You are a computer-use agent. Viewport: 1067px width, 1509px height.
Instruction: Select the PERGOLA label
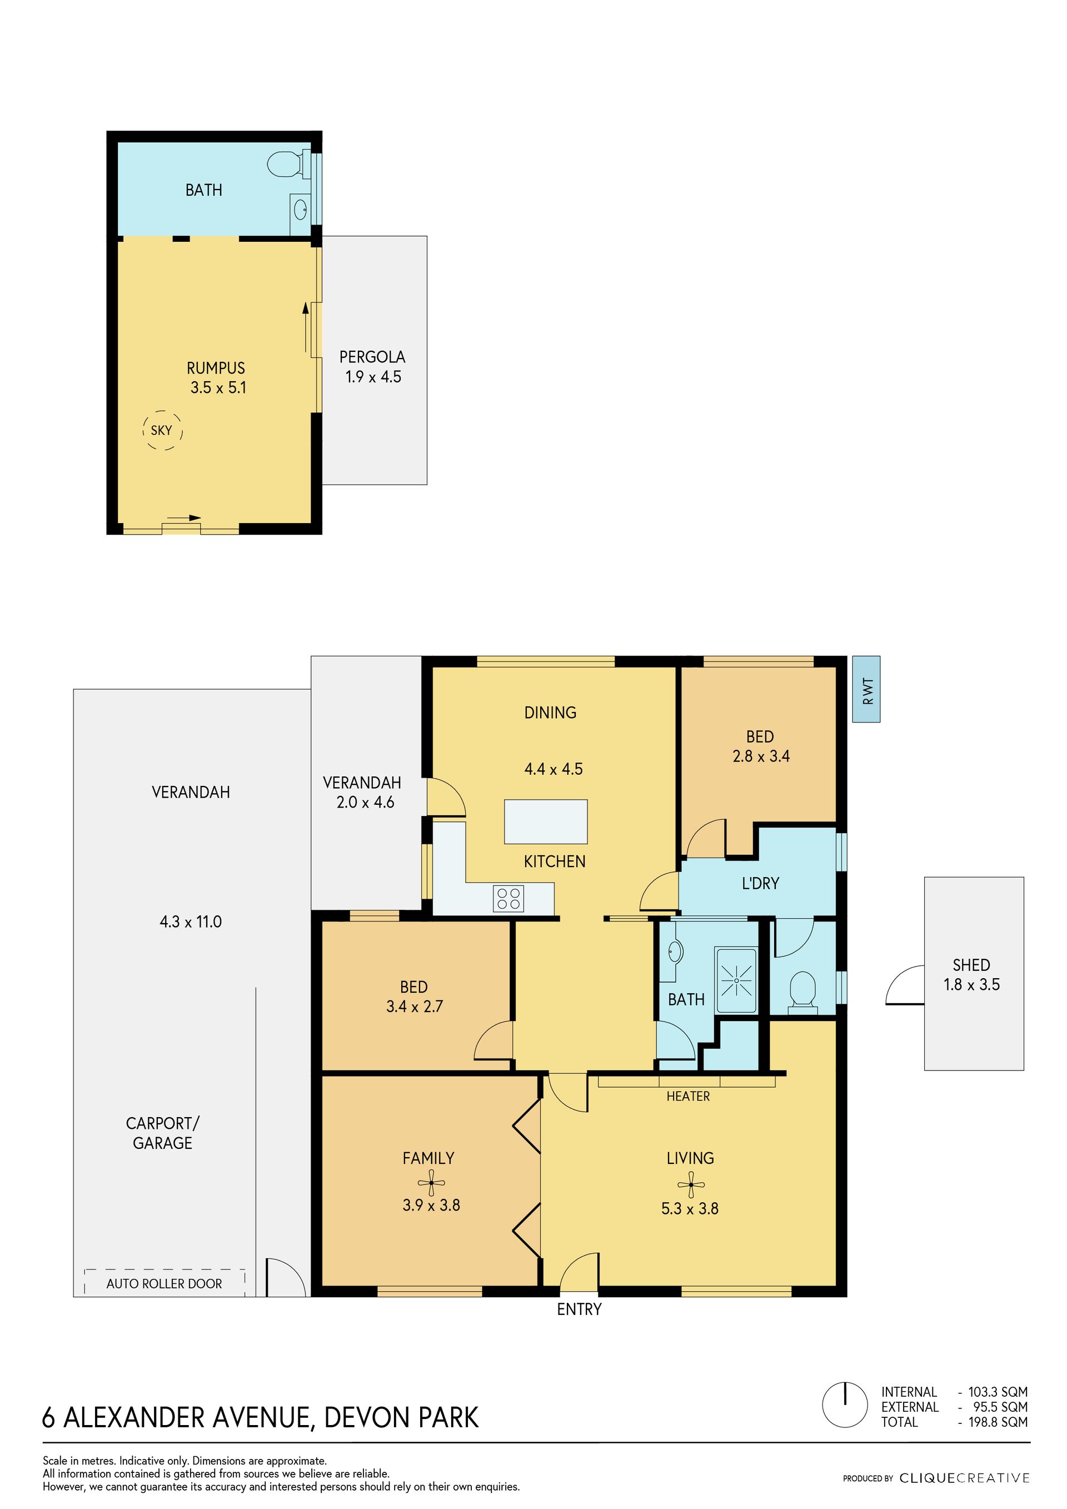372,357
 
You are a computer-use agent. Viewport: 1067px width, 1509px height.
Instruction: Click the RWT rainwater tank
866,689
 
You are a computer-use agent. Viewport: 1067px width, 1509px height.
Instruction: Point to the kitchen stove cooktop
508,898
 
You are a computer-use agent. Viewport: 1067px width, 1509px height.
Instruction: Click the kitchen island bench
545,821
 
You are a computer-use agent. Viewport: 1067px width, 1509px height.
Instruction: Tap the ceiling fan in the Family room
432,1183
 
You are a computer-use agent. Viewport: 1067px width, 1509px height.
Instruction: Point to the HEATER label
688,1096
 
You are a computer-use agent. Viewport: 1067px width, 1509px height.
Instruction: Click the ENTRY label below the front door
579,1309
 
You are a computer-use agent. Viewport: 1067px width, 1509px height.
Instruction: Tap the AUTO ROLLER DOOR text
164,1283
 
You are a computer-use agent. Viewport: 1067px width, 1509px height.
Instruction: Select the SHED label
971,965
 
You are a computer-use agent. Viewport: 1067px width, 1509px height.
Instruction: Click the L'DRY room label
760,883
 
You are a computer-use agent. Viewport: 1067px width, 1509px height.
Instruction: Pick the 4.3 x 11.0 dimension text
191,922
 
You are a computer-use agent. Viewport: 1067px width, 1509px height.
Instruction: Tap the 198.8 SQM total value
998,1422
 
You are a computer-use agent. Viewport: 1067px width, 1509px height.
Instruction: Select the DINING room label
550,713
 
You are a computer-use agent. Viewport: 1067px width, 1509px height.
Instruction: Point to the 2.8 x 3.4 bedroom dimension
761,756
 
